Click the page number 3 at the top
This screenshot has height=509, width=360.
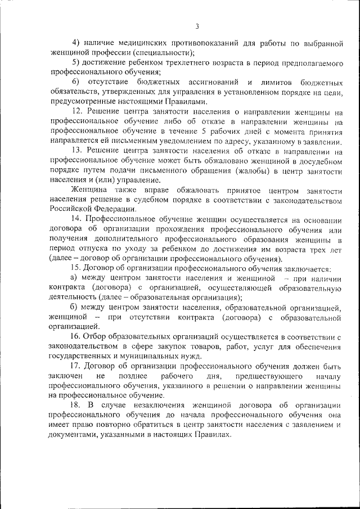click(197, 26)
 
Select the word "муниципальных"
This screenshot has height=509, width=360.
click(175, 355)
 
